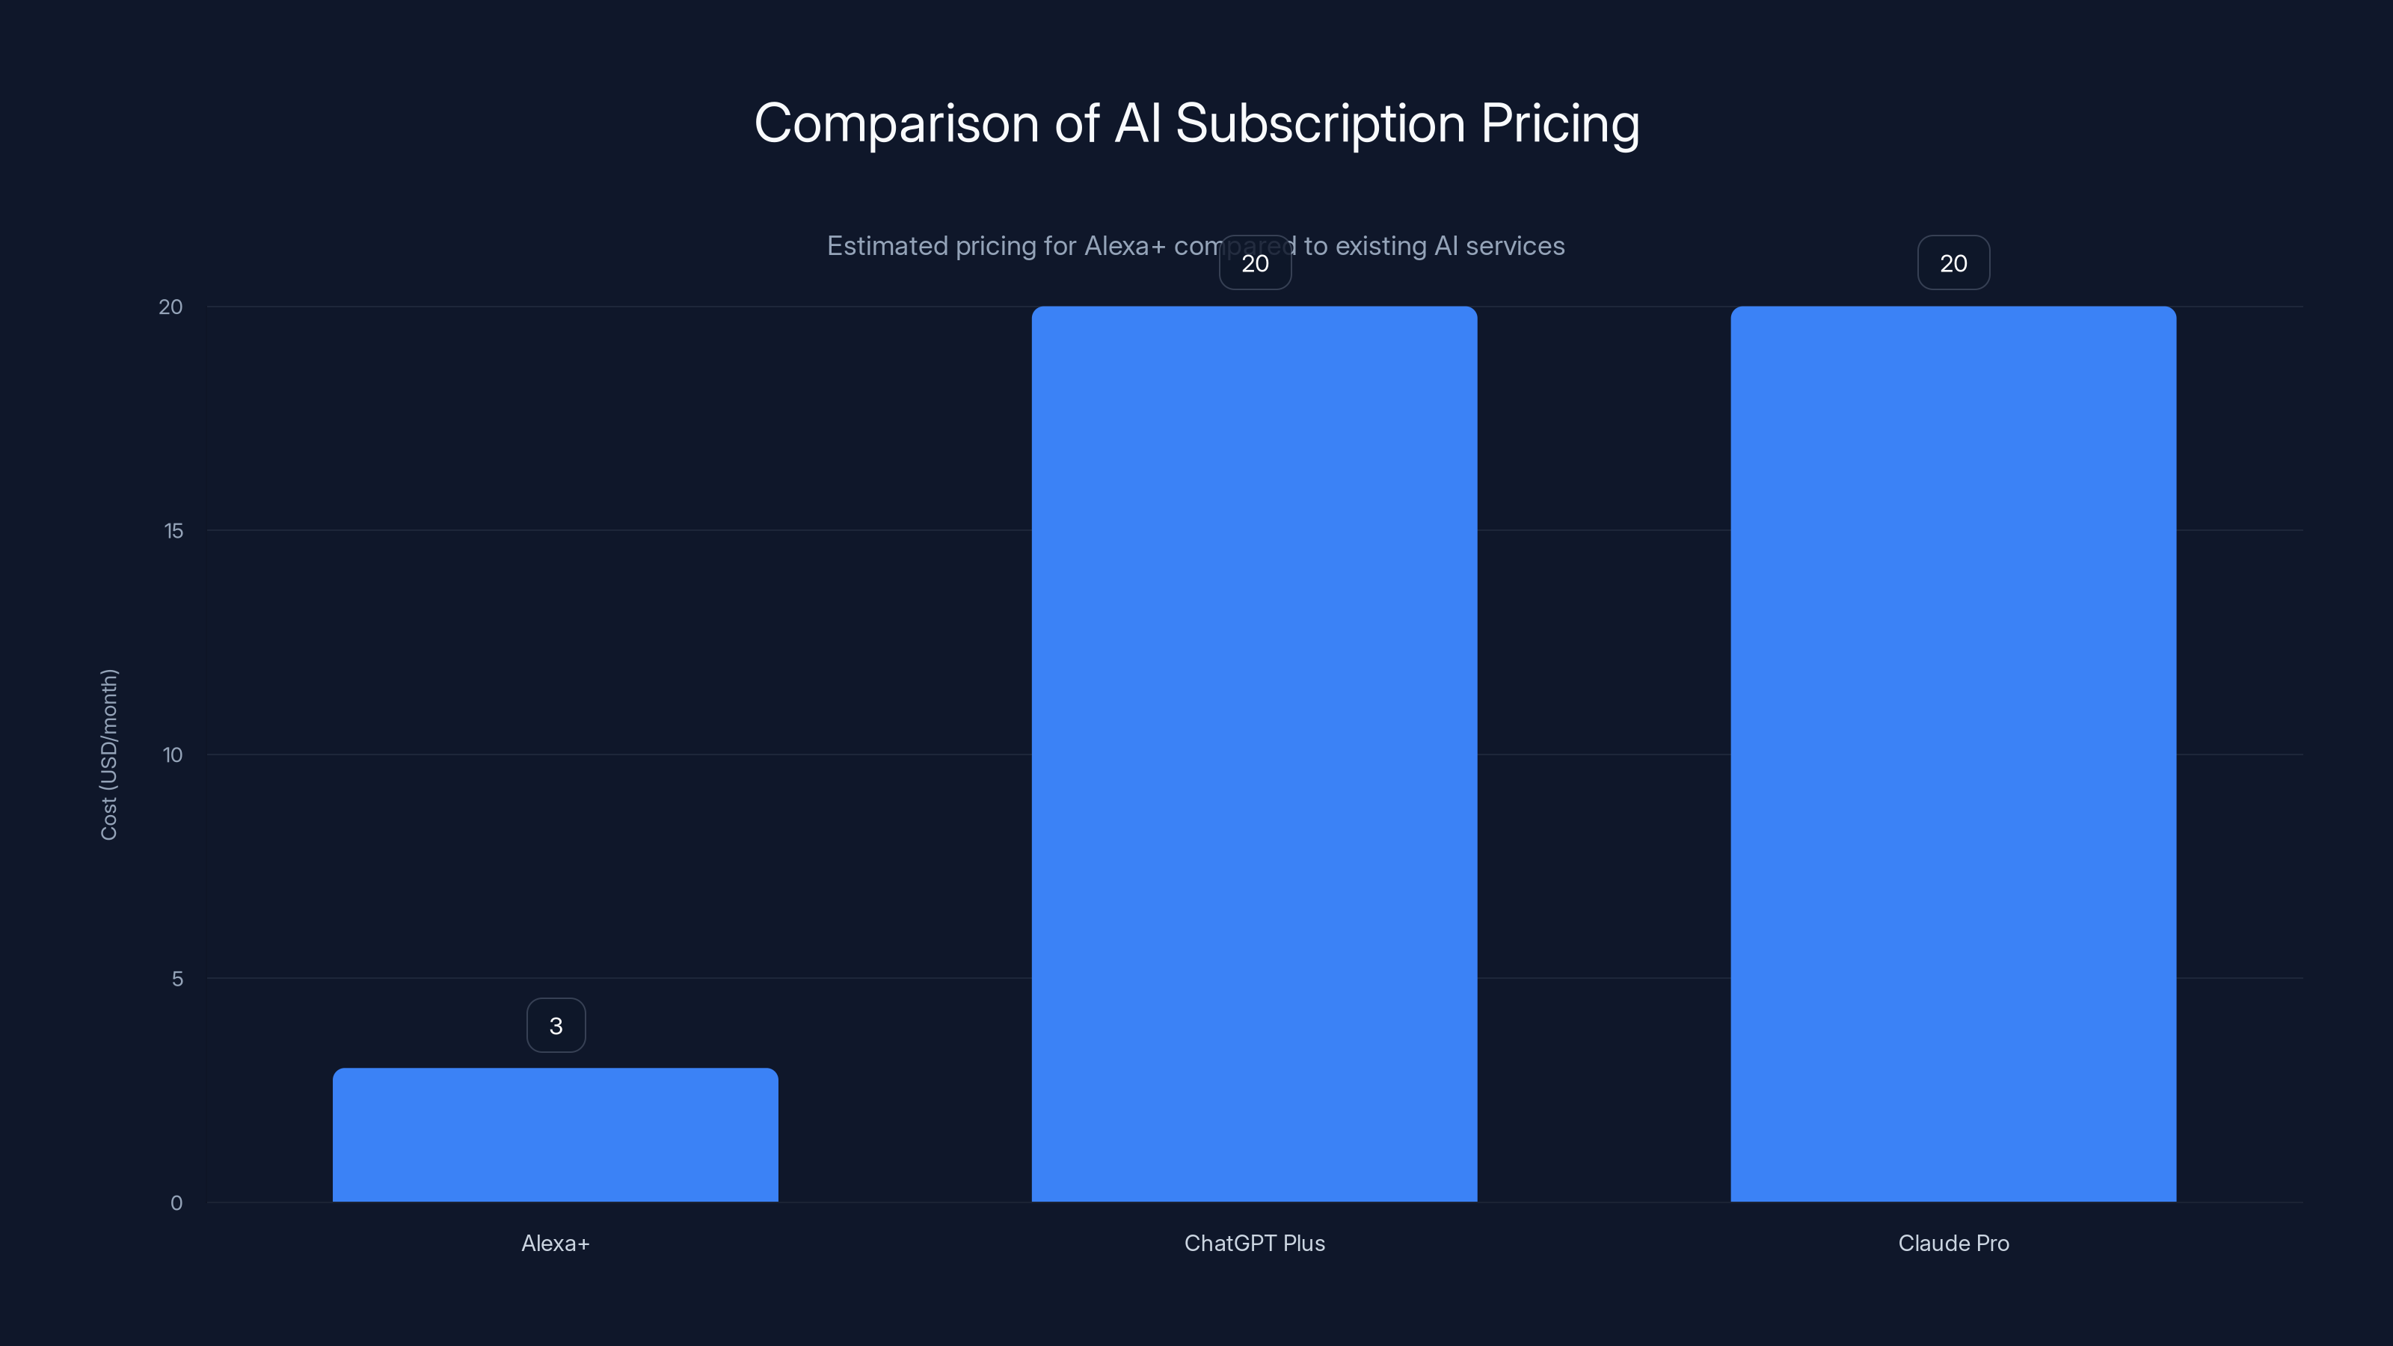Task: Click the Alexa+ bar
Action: click(x=556, y=1134)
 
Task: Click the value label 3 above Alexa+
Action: click(x=556, y=1025)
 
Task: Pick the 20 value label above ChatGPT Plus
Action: click(x=1255, y=263)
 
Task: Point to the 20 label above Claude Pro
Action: click(x=1953, y=263)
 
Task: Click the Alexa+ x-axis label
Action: click(x=556, y=1243)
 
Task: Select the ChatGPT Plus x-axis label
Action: click(x=1254, y=1243)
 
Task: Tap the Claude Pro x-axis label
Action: click(x=1953, y=1243)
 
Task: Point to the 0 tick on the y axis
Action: click(x=176, y=1203)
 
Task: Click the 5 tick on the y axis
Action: click(x=177, y=978)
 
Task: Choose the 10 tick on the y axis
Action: click(x=173, y=755)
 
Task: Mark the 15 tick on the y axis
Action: click(x=173, y=530)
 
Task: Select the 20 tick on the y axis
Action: click(x=171, y=307)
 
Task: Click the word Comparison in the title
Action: click(x=896, y=123)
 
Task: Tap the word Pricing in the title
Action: click(x=1560, y=123)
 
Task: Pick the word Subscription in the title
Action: click(x=1320, y=123)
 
